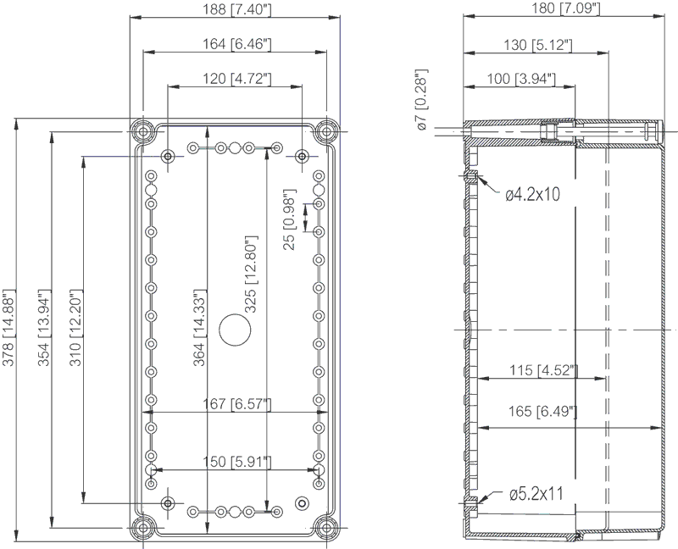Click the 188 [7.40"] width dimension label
pyautogui.click(x=237, y=9)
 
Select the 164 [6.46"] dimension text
pyautogui.click(x=237, y=44)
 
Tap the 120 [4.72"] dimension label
pyautogui.click(x=237, y=78)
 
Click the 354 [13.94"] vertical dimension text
pyautogui.click(x=43, y=328)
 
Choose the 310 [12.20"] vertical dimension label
pyautogui.click(x=75, y=328)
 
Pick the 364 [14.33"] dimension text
pyautogui.click(x=198, y=328)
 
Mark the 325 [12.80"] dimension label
pyautogui.click(x=251, y=274)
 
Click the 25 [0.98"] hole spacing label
pyautogui.click(x=289, y=219)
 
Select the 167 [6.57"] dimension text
pyautogui.click(x=237, y=404)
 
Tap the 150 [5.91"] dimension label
pyautogui.click(x=237, y=461)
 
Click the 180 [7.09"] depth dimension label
pyautogui.click(x=565, y=8)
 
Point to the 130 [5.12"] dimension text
pyautogui.click(x=538, y=44)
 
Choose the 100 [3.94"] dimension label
pyautogui.click(x=521, y=79)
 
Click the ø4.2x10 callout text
pyautogui.click(x=533, y=195)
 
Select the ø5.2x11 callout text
pyautogui.click(x=536, y=494)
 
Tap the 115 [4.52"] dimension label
pyautogui.click(x=543, y=370)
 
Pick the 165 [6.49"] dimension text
pyautogui.click(x=542, y=411)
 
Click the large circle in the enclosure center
pyautogui.click(x=235, y=330)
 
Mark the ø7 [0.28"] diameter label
pyautogui.click(x=421, y=100)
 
